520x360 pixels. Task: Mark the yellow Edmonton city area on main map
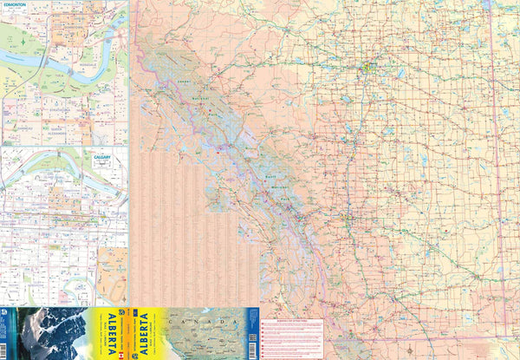click(368, 65)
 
